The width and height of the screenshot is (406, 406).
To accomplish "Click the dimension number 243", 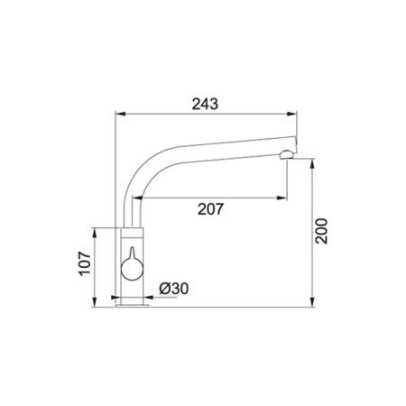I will pyautogui.click(x=205, y=104).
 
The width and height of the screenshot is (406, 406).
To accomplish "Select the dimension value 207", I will pyautogui.click(x=209, y=209).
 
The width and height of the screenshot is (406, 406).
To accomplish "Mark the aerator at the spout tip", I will pyautogui.click(x=287, y=154).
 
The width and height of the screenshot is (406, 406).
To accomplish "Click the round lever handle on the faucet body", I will pyautogui.click(x=132, y=267).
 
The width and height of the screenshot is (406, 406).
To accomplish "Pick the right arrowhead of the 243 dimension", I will pyautogui.click(x=295, y=115).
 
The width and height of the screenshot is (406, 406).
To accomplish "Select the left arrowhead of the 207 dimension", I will pyautogui.click(x=143, y=198).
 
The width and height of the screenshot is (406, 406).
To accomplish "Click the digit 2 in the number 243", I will pyautogui.click(x=195, y=104).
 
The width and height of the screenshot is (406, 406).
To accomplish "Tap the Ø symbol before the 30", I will pyautogui.click(x=164, y=288).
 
